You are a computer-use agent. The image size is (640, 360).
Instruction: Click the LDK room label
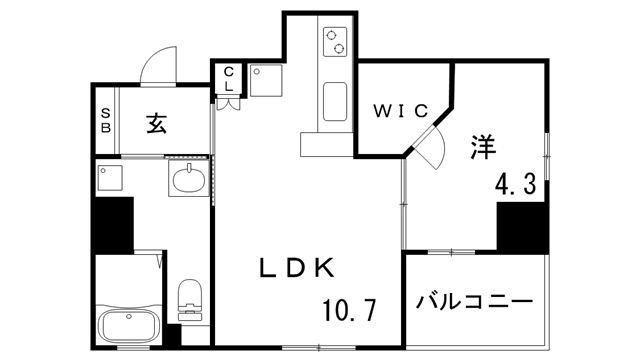tap(297, 267)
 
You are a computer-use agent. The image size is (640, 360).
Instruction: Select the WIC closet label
tap(402, 109)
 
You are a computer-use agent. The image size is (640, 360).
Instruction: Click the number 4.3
tap(517, 184)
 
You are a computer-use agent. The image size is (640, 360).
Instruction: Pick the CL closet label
tap(229, 79)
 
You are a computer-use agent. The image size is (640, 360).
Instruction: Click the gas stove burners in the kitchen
tap(335, 42)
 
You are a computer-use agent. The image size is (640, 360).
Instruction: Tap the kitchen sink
tap(335, 100)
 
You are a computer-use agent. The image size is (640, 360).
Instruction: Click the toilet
tap(190, 299)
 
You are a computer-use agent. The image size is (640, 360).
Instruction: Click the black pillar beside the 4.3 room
tap(523, 227)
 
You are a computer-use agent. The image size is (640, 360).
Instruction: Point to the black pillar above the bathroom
tap(113, 224)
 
